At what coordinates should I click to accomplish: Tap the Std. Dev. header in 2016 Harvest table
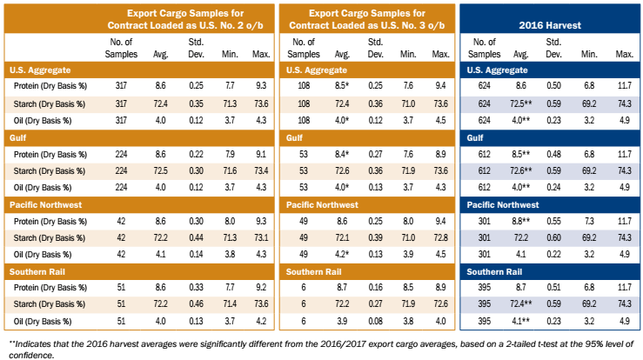[553, 48]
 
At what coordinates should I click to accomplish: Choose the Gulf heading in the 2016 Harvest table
[476, 137]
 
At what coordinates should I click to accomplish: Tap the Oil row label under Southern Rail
[40, 322]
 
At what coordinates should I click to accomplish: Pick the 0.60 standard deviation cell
[553, 237]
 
